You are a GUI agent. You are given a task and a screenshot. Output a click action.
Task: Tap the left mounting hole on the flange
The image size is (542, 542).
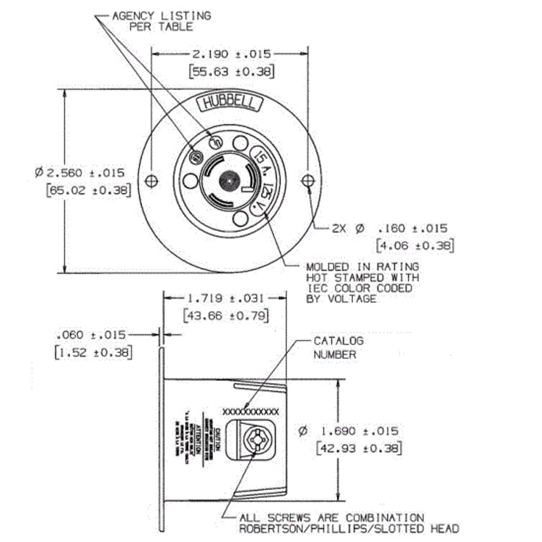coord(152,181)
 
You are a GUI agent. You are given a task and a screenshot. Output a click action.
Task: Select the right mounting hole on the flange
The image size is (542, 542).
coord(308,181)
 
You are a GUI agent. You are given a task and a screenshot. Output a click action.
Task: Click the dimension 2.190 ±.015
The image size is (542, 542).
coord(232,54)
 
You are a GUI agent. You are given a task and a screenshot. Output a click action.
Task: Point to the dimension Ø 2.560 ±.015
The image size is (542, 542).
coord(80,173)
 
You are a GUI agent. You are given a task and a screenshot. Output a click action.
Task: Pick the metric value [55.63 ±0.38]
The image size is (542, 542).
coord(232,72)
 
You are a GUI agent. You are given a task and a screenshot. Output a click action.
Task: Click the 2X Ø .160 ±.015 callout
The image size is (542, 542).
coord(389,229)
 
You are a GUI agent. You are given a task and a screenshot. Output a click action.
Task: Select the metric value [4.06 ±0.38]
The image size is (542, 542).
coord(415,246)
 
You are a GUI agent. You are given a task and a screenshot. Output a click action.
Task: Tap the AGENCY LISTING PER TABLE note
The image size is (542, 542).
coord(162,21)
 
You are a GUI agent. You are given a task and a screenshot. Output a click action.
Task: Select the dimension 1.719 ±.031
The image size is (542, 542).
coord(225,298)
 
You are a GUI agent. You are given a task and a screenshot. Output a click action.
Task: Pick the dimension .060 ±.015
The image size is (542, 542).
coord(90,335)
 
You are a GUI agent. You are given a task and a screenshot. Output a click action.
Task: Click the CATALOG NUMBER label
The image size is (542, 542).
coord(338,348)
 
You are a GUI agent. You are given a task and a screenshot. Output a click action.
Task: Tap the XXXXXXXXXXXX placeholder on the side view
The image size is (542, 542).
coord(251,411)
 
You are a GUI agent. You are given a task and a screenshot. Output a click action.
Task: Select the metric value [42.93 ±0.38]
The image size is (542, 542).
coord(359,449)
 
